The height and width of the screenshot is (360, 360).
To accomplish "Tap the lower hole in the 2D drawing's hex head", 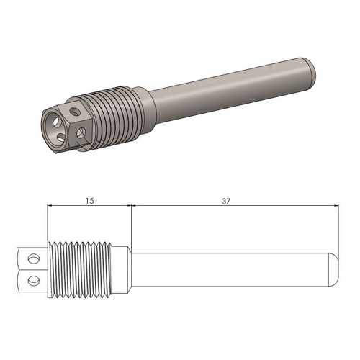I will click(31, 279).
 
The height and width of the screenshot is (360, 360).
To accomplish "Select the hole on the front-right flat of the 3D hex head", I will click(81, 132).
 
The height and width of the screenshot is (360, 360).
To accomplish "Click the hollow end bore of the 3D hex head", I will click(53, 123).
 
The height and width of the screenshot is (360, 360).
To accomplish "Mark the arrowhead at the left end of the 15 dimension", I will click(50, 206).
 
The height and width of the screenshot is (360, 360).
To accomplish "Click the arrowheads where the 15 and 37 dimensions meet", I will click(130, 206).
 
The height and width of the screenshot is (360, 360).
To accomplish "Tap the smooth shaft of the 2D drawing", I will click(230, 267).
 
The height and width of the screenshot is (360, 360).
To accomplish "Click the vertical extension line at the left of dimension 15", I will click(47, 223).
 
